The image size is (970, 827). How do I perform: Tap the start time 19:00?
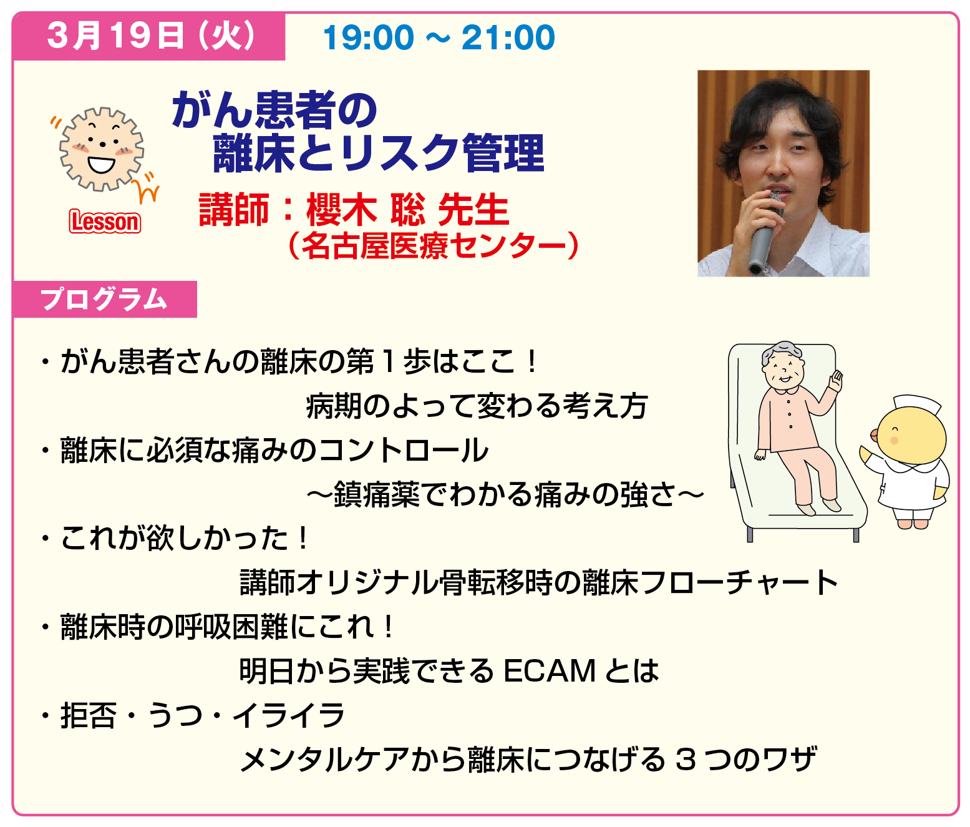369,37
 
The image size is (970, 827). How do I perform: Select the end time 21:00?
508,37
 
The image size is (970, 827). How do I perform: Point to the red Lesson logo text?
105,222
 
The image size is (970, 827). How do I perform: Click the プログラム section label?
104,299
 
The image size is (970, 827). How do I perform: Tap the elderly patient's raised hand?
836,380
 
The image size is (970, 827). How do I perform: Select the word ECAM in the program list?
549,670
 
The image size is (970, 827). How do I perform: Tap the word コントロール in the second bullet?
402,450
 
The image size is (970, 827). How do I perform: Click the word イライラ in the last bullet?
289,715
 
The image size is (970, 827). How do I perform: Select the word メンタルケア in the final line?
325,760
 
